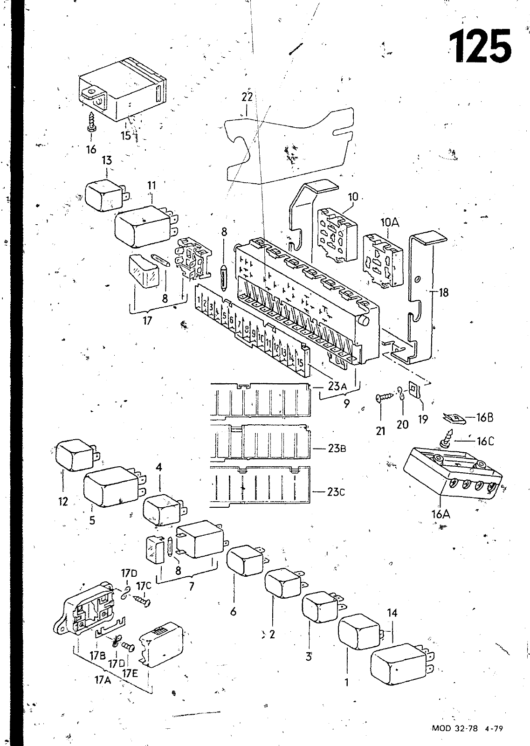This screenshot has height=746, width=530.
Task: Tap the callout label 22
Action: click(247, 97)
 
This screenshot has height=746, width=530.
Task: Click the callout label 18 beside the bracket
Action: click(443, 292)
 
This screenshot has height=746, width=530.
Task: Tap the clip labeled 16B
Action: click(454, 417)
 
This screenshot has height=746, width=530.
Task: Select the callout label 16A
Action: click(441, 514)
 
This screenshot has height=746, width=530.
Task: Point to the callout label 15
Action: click(126, 136)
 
